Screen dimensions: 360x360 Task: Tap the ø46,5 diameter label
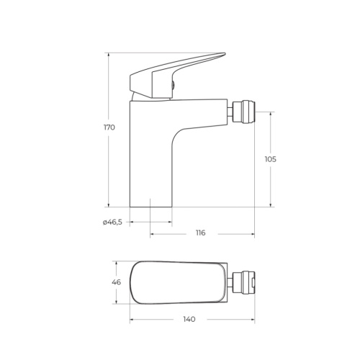coord(113,222)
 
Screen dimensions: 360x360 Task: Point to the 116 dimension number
coord(200,233)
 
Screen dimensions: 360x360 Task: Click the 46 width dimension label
coord(116,282)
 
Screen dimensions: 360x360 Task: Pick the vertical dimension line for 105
coord(271,187)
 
